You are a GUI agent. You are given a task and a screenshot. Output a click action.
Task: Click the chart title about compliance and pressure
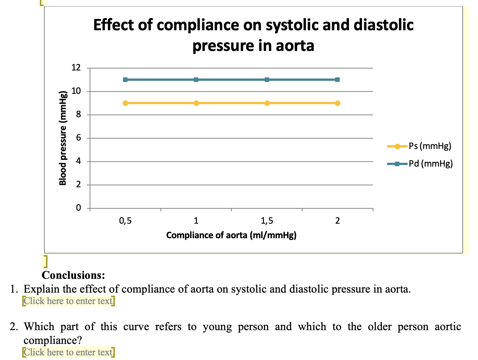coord(253,35)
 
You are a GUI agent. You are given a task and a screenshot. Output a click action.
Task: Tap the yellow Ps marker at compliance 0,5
coord(125,103)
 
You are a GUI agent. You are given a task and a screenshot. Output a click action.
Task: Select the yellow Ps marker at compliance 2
coord(337,103)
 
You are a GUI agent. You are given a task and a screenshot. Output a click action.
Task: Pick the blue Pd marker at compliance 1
coord(196,80)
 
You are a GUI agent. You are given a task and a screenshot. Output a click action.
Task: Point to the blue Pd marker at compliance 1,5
coord(267,80)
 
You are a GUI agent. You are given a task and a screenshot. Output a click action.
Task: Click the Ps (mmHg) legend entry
coord(420,146)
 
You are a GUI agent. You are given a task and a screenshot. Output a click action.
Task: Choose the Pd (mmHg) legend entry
coord(420,164)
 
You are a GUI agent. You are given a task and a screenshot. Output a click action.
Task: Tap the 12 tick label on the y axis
coord(76,68)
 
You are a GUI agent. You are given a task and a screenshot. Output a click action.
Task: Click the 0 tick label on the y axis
coord(78,208)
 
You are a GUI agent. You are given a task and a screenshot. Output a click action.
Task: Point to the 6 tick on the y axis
coord(78,138)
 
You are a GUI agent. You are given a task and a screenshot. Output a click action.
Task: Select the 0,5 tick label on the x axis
coord(125,221)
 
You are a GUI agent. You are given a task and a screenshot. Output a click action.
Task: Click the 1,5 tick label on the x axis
coord(267,221)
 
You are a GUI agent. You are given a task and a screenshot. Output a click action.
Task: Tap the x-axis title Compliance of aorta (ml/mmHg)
coord(231,235)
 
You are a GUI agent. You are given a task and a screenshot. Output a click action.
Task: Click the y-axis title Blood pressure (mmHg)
coord(64,138)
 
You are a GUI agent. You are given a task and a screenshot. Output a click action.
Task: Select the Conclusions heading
coord(73,275)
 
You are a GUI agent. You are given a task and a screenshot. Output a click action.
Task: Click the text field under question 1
coord(69,301)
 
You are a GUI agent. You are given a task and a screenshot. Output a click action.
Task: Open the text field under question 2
coord(69,352)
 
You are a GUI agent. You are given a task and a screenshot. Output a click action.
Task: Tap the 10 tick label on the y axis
coord(76,92)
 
